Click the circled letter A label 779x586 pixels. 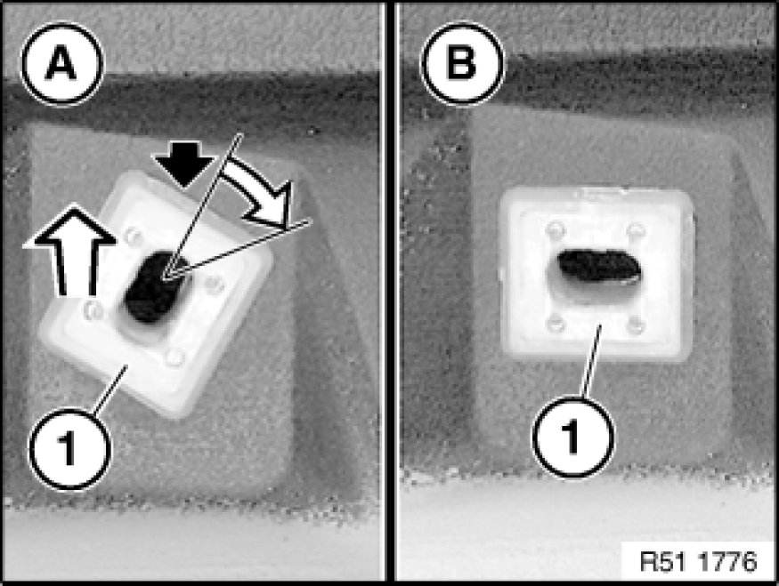61,64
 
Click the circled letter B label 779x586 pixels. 462,63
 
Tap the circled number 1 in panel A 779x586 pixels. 70,449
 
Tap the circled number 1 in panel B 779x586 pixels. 572,437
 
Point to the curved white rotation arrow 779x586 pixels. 259,191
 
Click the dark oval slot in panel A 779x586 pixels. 158,287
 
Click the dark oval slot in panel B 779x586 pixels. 598,267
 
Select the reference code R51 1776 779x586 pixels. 699,561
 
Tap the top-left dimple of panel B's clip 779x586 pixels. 555,229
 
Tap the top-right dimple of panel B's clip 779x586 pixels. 636,230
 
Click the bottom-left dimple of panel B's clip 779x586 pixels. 555,324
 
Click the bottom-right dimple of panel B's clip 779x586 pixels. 636,325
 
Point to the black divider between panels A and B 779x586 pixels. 390,293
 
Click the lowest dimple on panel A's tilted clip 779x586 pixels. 174,357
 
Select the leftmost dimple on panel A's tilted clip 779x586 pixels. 93,309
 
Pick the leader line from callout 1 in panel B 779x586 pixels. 592,361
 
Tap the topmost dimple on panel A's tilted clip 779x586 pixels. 132,235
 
